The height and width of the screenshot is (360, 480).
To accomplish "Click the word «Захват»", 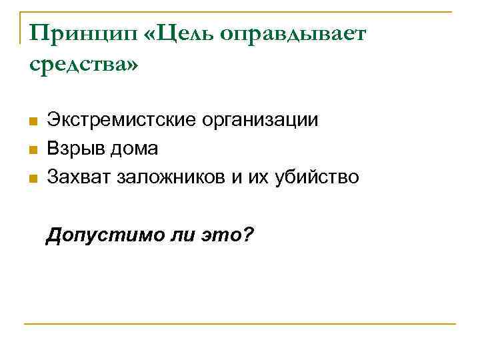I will click(x=79, y=177).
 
